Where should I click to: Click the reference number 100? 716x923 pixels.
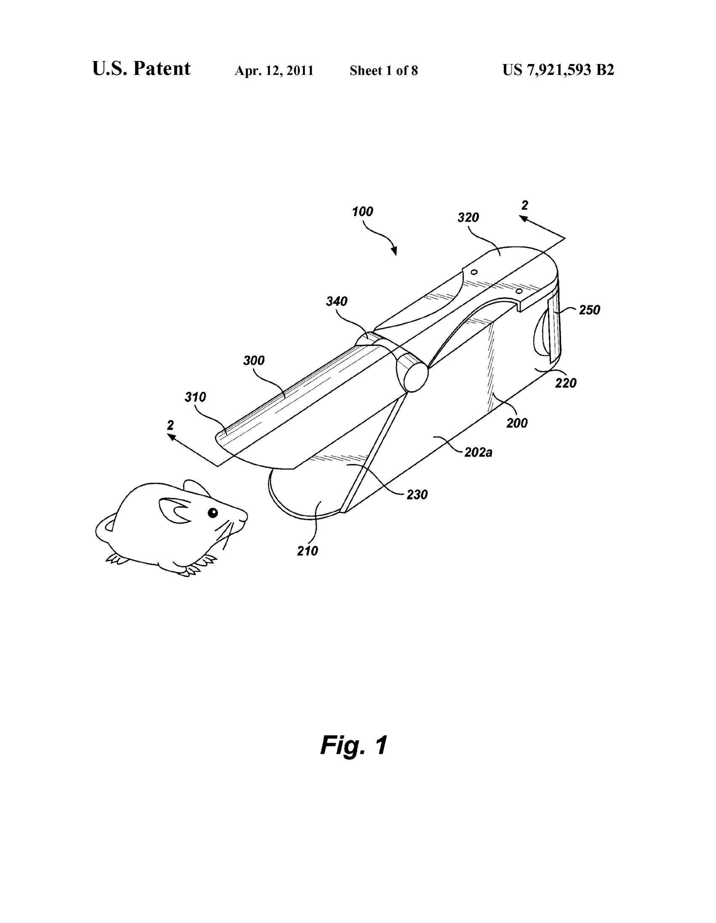pyautogui.click(x=363, y=211)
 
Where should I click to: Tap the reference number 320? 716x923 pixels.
pyautogui.click(x=468, y=217)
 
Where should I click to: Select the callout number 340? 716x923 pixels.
pyautogui.click(x=337, y=301)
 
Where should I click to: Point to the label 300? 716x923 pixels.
pyautogui.click(x=254, y=360)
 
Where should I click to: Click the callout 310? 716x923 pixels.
pyautogui.click(x=195, y=397)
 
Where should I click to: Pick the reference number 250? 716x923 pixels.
pyautogui.click(x=589, y=310)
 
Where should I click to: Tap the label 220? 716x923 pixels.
pyautogui.click(x=566, y=383)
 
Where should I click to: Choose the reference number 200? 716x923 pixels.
pyautogui.click(x=517, y=423)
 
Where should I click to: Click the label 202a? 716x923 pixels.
pyautogui.click(x=478, y=452)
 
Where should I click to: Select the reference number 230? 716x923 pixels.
pyautogui.click(x=417, y=494)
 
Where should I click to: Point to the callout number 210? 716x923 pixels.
pyautogui.click(x=307, y=551)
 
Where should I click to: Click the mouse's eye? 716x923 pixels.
pyautogui.click(x=212, y=513)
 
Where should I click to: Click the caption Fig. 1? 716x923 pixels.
pyautogui.click(x=353, y=745)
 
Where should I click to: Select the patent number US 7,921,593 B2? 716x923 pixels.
pyautogui.click(x=558, y=70)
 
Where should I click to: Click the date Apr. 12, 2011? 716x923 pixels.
pyautogui.click(x=274, y=71)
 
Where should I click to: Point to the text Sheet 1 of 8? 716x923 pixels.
pyautogui.click(x=384, y=70)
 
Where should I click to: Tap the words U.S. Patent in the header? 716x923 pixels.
pyautogui.click(x=142, y=69)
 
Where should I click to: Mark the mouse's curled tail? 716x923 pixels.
pyautogui.click(x=104, y=528)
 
